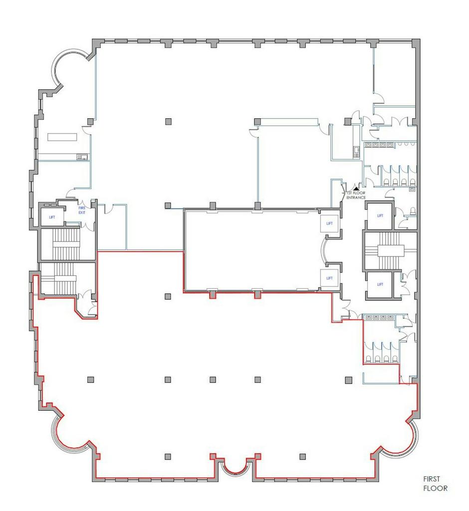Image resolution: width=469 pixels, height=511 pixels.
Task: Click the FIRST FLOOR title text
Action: click(435, 484)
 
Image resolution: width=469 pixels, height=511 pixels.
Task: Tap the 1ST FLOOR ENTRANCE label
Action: click(356, 195)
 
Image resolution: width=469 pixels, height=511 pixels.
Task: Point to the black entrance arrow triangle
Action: click(356, 188)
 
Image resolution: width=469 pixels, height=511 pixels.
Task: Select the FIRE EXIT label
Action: click(82, 210)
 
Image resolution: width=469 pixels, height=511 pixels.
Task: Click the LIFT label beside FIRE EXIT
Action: click(52, 217)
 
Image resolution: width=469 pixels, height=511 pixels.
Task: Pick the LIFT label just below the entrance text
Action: click(380, 216)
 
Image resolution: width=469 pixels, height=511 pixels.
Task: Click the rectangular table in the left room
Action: click(62, 137)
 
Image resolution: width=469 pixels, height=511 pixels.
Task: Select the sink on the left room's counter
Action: click(82, 157)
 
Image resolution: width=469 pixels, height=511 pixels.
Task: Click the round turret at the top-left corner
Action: click(69, 68)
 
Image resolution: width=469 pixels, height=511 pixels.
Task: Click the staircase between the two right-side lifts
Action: click(390, 251)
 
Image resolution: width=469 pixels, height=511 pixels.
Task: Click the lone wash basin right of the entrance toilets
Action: click(412, 188)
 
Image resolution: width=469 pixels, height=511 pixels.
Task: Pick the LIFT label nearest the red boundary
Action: click(329, 278)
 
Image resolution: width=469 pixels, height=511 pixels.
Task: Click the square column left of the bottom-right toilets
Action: click(349, 380)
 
